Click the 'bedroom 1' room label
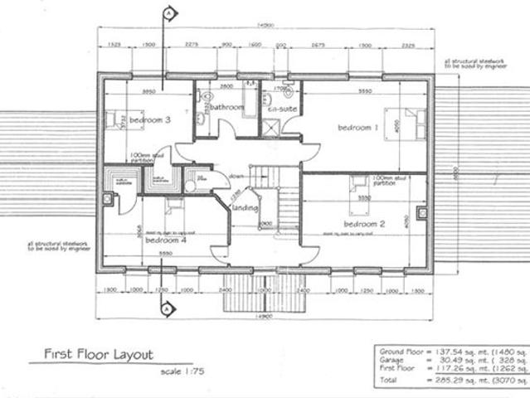point(357,128)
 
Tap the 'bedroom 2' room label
point(364,224)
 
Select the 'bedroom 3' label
point(150,120)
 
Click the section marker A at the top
point(168,13)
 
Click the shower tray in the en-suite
point(270,129)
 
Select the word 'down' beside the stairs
point(236,175)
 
